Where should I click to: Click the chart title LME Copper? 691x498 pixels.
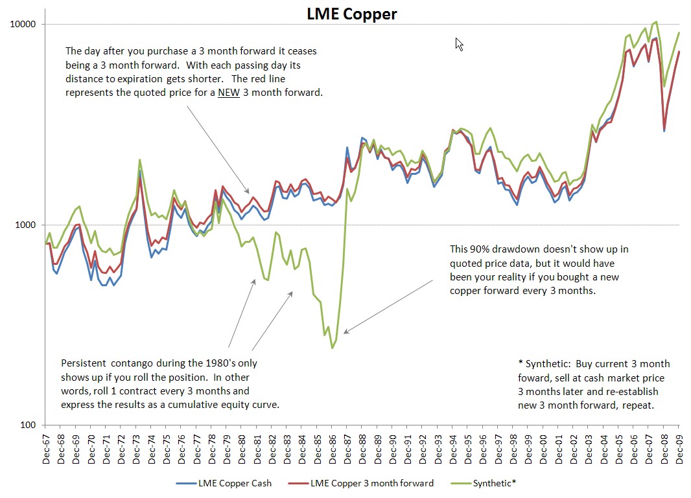[351, 14]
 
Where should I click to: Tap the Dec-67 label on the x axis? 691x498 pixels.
[47, 446]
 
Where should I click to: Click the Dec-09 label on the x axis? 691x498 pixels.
[679, 446]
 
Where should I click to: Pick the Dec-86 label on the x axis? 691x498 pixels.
[333, 446]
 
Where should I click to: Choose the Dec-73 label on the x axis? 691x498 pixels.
[137, 446]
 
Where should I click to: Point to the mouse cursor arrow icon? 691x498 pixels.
[459, 43]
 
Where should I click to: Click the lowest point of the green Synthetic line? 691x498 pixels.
[333, 348]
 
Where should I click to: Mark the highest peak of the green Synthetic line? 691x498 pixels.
[656, 21]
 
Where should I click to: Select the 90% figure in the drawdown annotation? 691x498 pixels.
[482, 249]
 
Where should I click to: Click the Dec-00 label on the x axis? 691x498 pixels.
[543, 446]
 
